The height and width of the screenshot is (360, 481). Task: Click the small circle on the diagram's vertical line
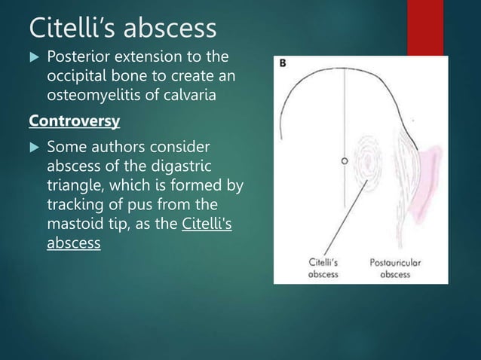pos(344,161)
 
